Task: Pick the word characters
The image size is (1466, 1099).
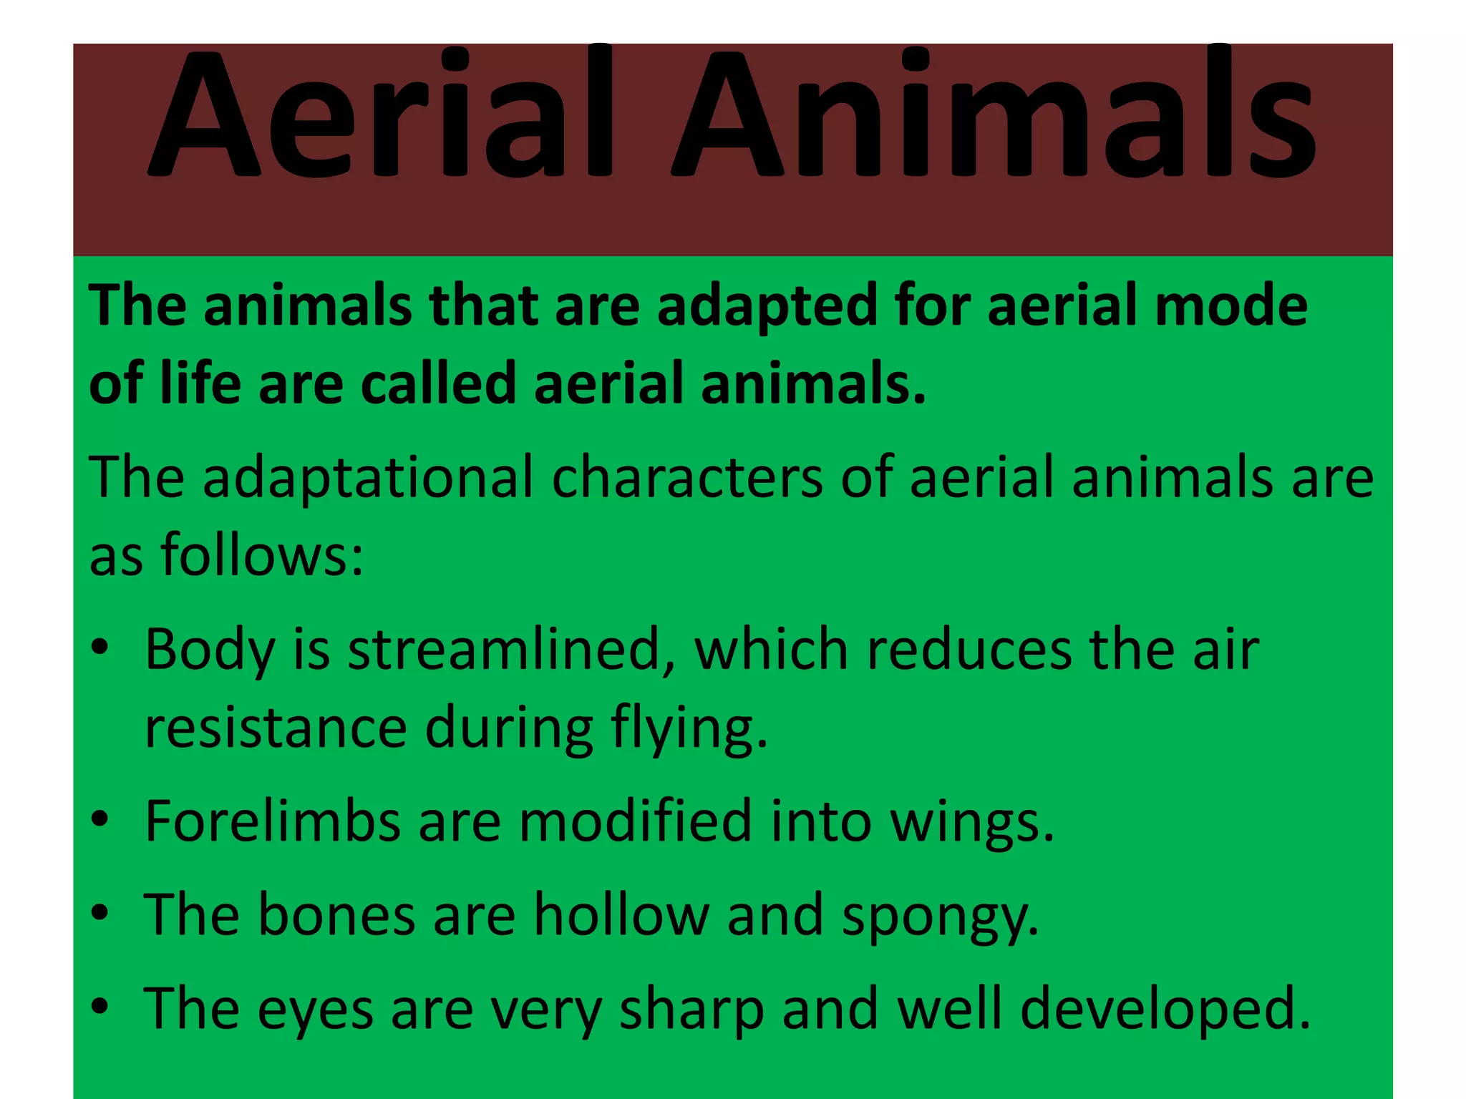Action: (687, 477)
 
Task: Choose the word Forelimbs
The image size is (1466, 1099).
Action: (272, 821)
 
